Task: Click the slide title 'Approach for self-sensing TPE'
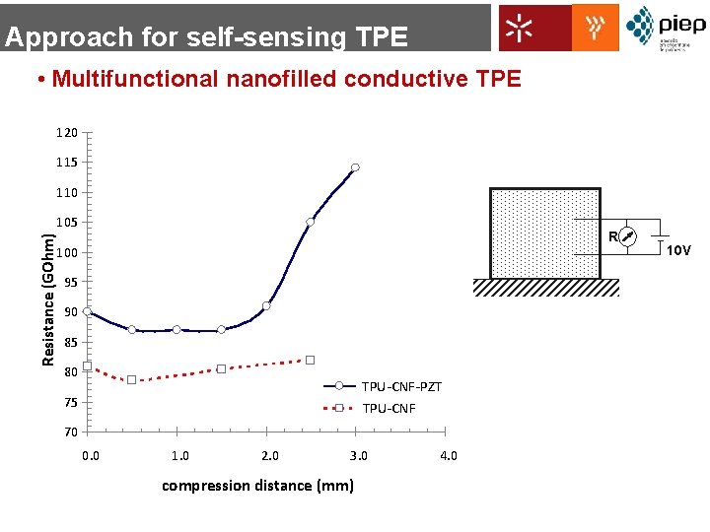(x=205, y=37)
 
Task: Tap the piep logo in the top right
(x=666, y=27)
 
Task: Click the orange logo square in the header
(x=596, y=27)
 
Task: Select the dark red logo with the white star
(x=534, y=28)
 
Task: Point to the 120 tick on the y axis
(x=67, y=132)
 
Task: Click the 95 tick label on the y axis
(x=67, y=283)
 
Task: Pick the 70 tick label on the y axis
(x=67, y=432)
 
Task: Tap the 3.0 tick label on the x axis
(x=359, y=455)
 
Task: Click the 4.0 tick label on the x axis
(x=448, y=455)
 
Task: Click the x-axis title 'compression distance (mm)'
(x=257, y=485)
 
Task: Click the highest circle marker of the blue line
(x=355, y=167)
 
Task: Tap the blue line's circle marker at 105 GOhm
(x=310, y=222)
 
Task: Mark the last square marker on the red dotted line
(x=310, y=360)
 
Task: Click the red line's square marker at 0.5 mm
(x=131, y=379)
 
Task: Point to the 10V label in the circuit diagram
(x=678, y=250)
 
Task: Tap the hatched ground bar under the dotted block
(x=545, y=288)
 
